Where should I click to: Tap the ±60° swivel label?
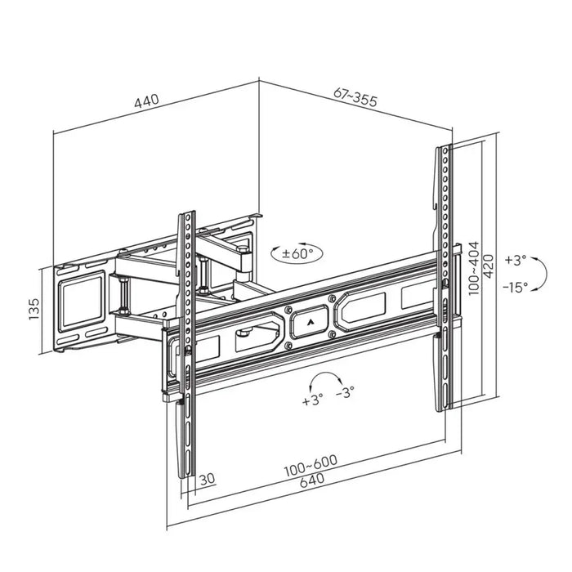point(297,253)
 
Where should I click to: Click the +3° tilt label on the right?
point(516,261)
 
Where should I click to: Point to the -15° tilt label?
point(516,286)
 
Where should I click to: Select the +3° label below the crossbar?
point(312,400)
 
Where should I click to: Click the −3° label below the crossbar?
point(345,393)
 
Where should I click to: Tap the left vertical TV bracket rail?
point(188,343)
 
